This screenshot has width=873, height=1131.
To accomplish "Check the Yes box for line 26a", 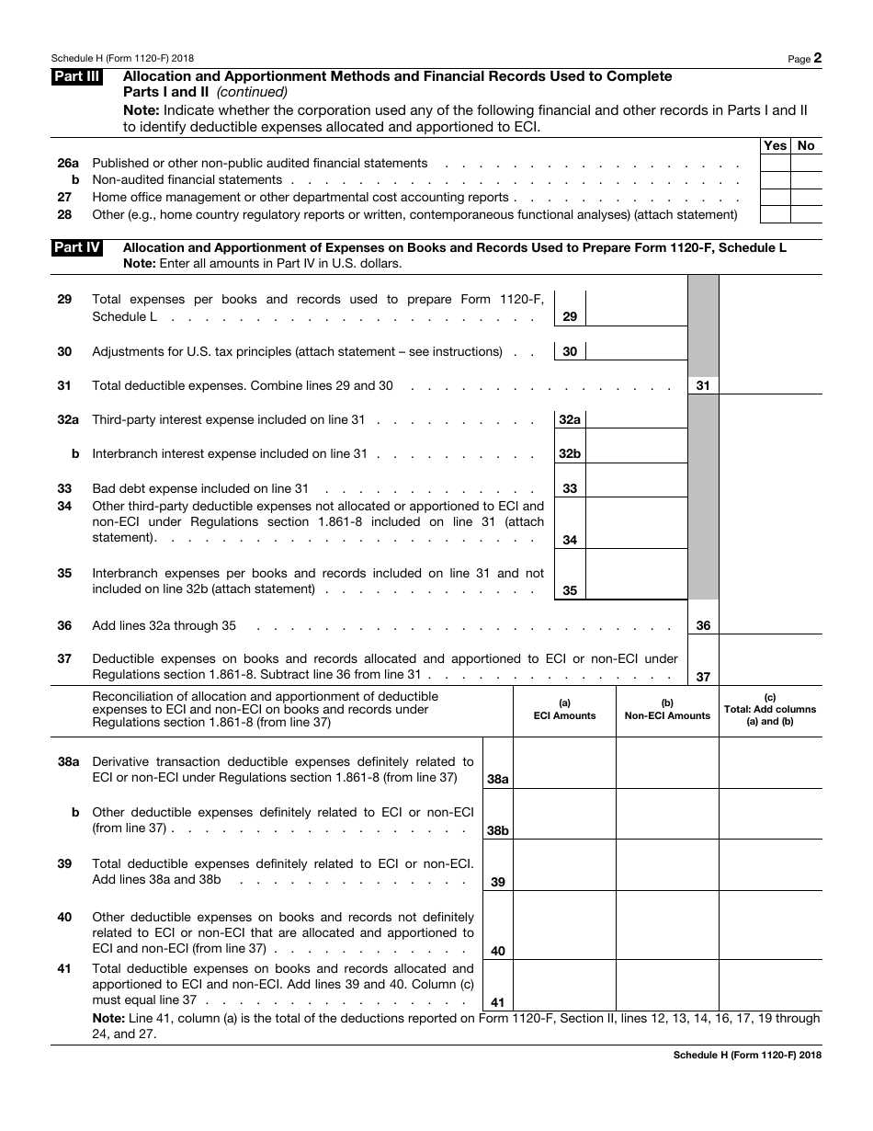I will pos(775,164).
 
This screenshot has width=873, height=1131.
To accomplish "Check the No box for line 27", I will pos(806,198).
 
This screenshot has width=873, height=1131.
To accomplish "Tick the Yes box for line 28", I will pos(775,214).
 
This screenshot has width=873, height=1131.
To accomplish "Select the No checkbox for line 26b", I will pos(806,180).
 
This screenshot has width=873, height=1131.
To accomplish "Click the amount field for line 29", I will pos(636,308).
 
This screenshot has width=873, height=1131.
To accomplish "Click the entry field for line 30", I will pos(636,351).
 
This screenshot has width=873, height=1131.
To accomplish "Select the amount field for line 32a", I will pos(636,419).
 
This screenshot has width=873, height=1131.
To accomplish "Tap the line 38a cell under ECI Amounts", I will pos(564,762).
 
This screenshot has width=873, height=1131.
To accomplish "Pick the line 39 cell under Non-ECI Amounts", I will pos(667,865).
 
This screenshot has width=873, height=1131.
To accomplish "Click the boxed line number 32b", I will pos(570,454).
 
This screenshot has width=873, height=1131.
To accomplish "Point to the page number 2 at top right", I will pos(817,58).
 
